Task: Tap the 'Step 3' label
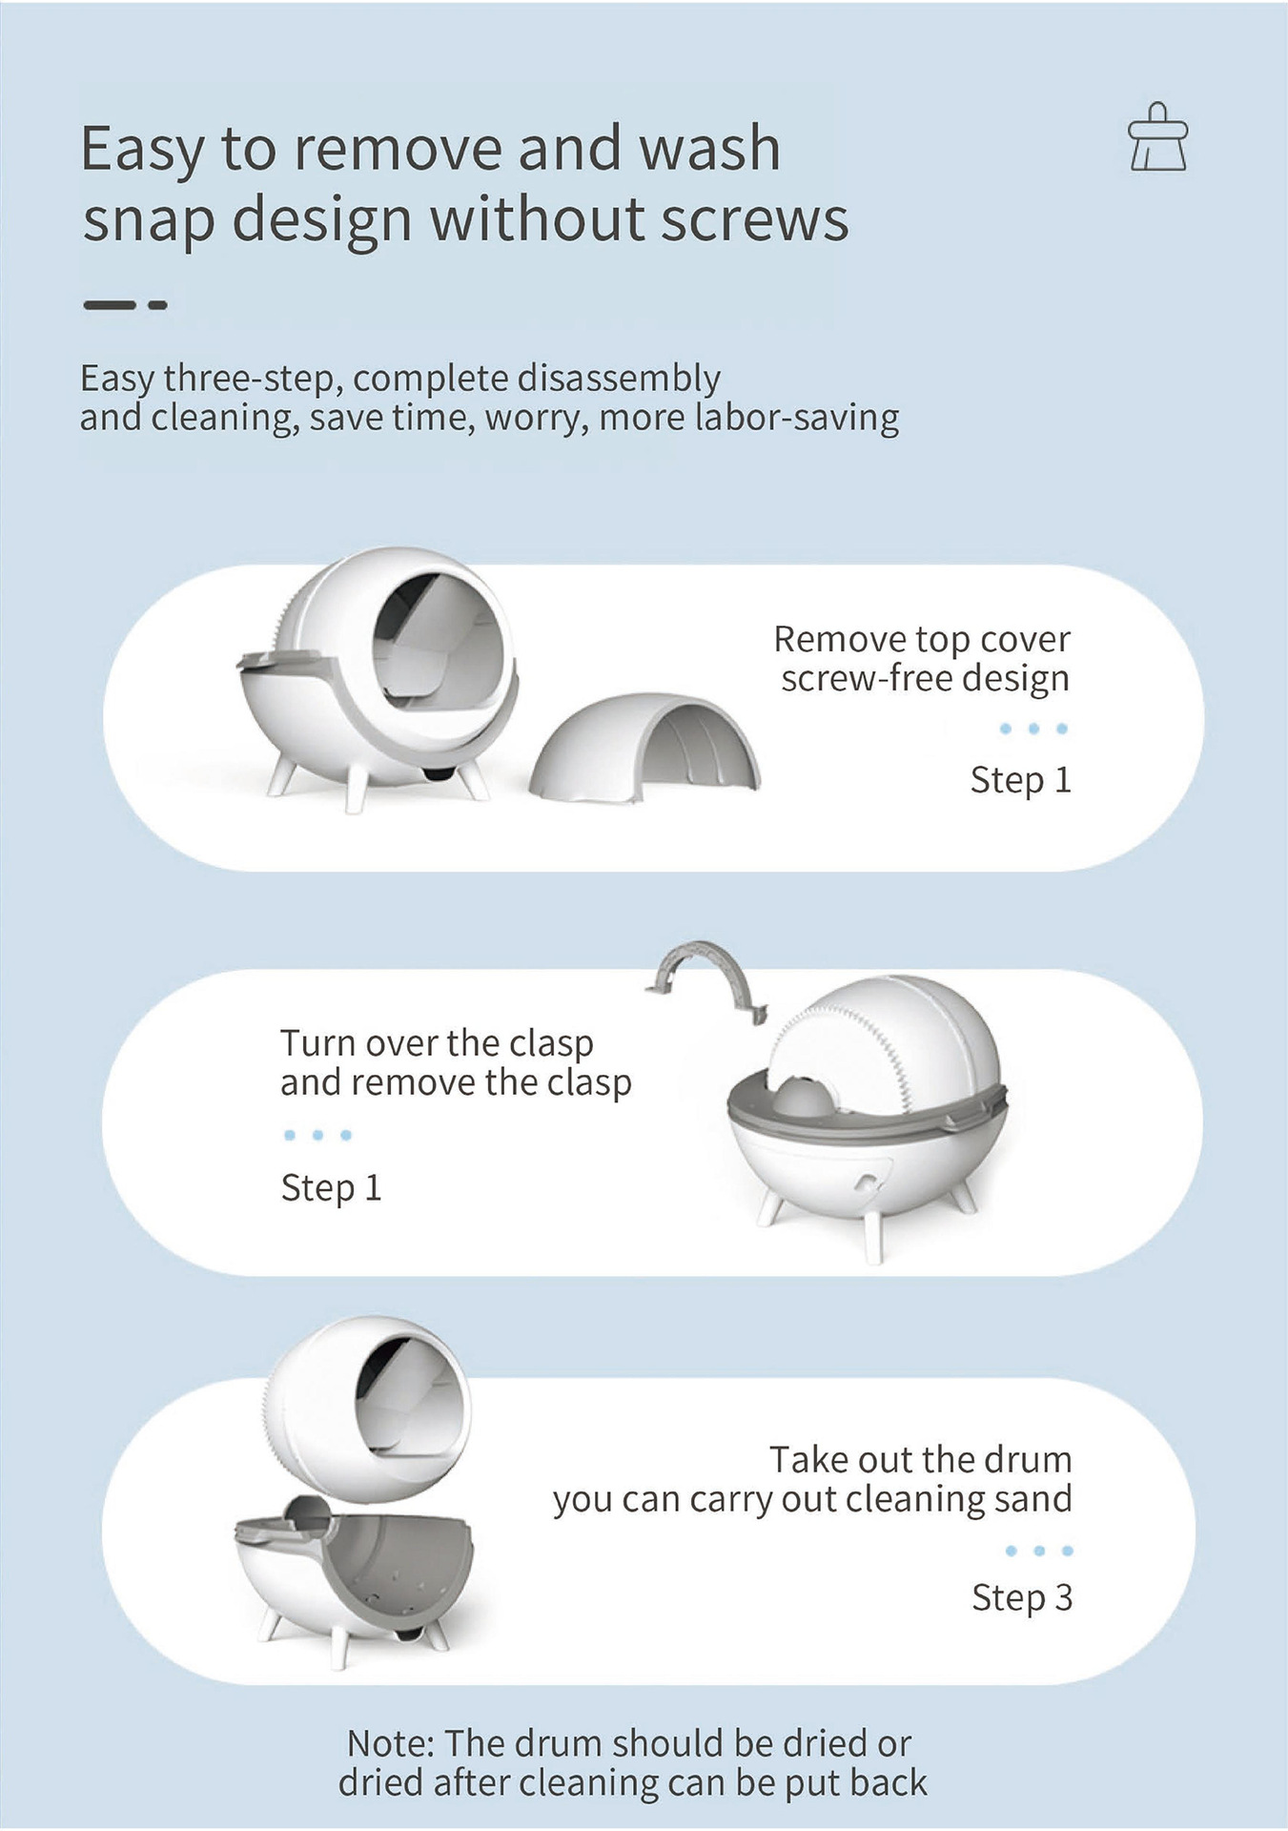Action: tap(1022, 1597)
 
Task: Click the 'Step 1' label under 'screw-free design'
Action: tap(1021, 780)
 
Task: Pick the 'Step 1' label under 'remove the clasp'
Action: tap(331, 1188)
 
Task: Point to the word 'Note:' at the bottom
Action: tap(391, 1743)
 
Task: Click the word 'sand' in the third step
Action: tap(1032, 1499)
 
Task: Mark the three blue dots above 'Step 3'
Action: tap(1039, 1551)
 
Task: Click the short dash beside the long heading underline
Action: tap(158, 305)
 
